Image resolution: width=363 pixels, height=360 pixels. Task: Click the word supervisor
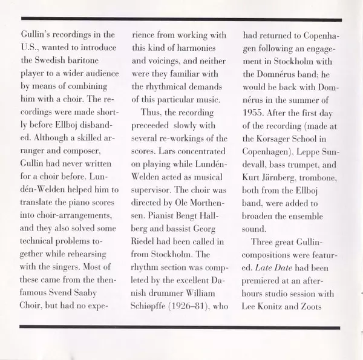(x=154, y=197)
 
